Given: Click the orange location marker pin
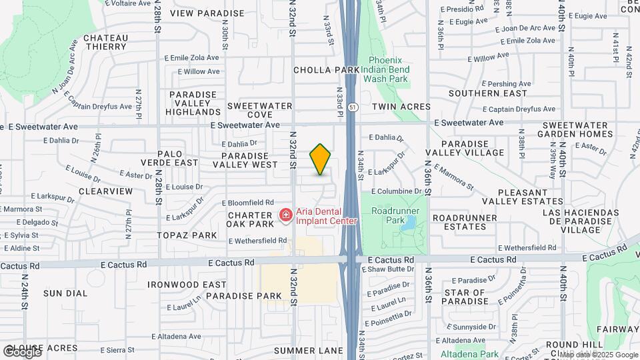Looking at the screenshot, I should coord(321,159).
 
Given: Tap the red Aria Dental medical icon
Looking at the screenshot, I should coord(285,215).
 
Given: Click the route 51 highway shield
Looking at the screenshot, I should coord(351,107).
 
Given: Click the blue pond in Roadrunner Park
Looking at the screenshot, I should coord(406,224).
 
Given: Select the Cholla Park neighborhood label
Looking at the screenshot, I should coord(327,69).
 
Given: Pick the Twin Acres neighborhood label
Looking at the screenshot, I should coord(401,107).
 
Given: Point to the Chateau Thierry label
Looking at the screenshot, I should coord(105,42).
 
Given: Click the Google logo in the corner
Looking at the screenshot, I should coord(21,351).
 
